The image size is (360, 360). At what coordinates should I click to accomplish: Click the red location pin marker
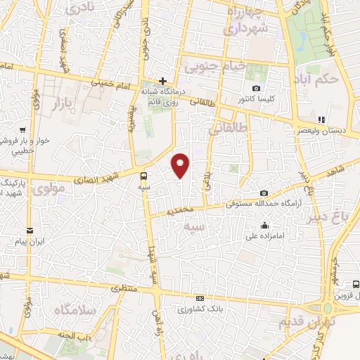coord(181,165)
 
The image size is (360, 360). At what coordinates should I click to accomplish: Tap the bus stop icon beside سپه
coord(144,176)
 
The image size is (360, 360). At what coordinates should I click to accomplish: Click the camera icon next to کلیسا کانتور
coord(256,89)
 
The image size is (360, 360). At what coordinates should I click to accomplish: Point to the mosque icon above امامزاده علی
coord(264,225)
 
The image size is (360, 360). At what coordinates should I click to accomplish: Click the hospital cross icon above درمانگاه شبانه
coord(162,80)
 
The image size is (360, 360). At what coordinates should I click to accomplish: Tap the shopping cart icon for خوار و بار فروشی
coord(23,130)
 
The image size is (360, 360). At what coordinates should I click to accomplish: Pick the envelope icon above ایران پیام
coord(30,231)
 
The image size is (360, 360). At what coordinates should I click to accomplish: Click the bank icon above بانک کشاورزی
coord(200,299)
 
